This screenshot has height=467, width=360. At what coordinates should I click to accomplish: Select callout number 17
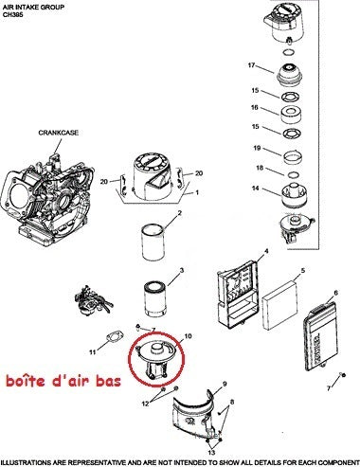pyautogui.click(x=252, y=65)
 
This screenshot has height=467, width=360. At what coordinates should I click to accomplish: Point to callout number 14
pyautogui.click(x=255, y=189)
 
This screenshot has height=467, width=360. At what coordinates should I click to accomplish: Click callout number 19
pyautogui.click(x=257, y=149)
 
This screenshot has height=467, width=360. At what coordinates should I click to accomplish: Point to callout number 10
pyautogui.click(x=187, y=335)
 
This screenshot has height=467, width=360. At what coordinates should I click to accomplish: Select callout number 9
pyautogui.click(x=225, y=385)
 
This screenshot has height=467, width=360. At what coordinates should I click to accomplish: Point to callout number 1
pyautogui.click(x=197, y=192)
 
